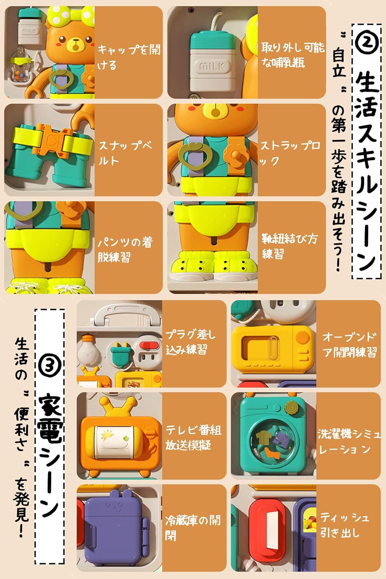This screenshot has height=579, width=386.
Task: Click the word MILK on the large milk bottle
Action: (212, 66)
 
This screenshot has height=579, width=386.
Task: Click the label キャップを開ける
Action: (129, 57)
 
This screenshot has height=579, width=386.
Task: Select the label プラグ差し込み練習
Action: (190, 342)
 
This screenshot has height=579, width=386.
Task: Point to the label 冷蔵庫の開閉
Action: (193, 527)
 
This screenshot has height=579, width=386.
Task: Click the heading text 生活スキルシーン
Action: (366, 171)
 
